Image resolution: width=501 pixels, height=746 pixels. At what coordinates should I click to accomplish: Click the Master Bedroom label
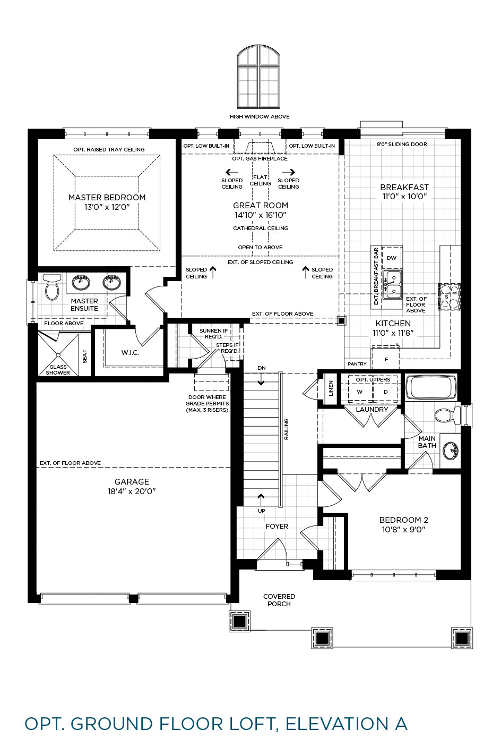(x=107, y=198)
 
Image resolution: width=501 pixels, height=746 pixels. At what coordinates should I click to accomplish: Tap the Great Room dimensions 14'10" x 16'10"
(x=260, y=215)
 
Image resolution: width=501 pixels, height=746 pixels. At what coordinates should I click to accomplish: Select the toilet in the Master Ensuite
(x=52, y=287)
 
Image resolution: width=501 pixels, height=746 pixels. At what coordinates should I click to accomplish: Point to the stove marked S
(x=449, y=296)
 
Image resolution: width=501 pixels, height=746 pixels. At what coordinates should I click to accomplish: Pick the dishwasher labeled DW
(x=392, y=258)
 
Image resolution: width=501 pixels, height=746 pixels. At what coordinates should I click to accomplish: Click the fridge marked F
(x=386, y=359)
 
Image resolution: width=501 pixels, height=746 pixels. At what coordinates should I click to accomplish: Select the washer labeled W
(x=360, y=392)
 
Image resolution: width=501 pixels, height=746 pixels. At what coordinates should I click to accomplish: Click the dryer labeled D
(x=385, y=392)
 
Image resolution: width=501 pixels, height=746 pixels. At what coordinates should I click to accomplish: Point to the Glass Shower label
(x=58, y=370)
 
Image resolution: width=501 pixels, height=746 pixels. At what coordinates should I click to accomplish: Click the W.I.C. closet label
(x=130, y=353)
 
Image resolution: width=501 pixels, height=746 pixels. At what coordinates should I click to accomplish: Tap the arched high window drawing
(x=258, y=77)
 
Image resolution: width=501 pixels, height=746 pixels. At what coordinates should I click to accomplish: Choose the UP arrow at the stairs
(x=261, y=500)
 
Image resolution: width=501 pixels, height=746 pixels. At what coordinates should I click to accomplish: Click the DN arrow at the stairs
(x=261, y=379)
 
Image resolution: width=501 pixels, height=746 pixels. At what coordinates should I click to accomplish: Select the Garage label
(x=132, y=481)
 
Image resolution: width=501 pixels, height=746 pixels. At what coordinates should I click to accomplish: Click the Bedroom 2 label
(x=403, y=520)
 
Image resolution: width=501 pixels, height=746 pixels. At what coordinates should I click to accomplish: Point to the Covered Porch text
(x=279, y=600)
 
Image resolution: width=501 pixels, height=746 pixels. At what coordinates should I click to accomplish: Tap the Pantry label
(x=357, y=364)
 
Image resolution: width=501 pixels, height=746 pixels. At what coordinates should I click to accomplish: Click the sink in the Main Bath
(x=451, y=451)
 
